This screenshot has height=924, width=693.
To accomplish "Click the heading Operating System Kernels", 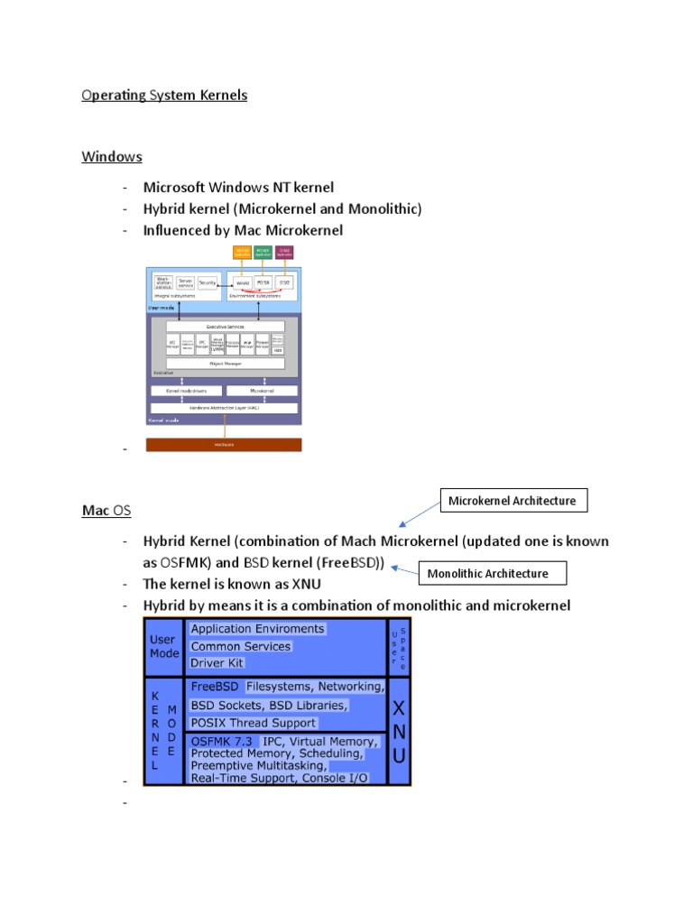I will coord(164,95).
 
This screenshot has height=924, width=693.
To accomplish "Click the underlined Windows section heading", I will coord(112,156).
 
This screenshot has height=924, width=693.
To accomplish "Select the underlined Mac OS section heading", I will coord(106,511).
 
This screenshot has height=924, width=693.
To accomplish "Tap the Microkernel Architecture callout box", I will coord(513,500).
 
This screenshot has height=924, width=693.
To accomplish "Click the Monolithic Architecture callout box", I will coord(487,573).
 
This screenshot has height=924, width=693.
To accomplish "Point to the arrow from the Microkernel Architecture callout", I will coord(419,513).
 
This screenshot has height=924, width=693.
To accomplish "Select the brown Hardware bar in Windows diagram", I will coord(224,445).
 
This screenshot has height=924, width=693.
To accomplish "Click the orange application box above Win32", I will coord(242,254).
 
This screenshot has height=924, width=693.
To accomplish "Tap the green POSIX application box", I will coord(263,254).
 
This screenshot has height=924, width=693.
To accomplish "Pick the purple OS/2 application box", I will coord(284,254).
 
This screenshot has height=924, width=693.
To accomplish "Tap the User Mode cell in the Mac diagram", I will coord(164,646).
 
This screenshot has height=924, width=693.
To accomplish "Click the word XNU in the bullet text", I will coord(305,584).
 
